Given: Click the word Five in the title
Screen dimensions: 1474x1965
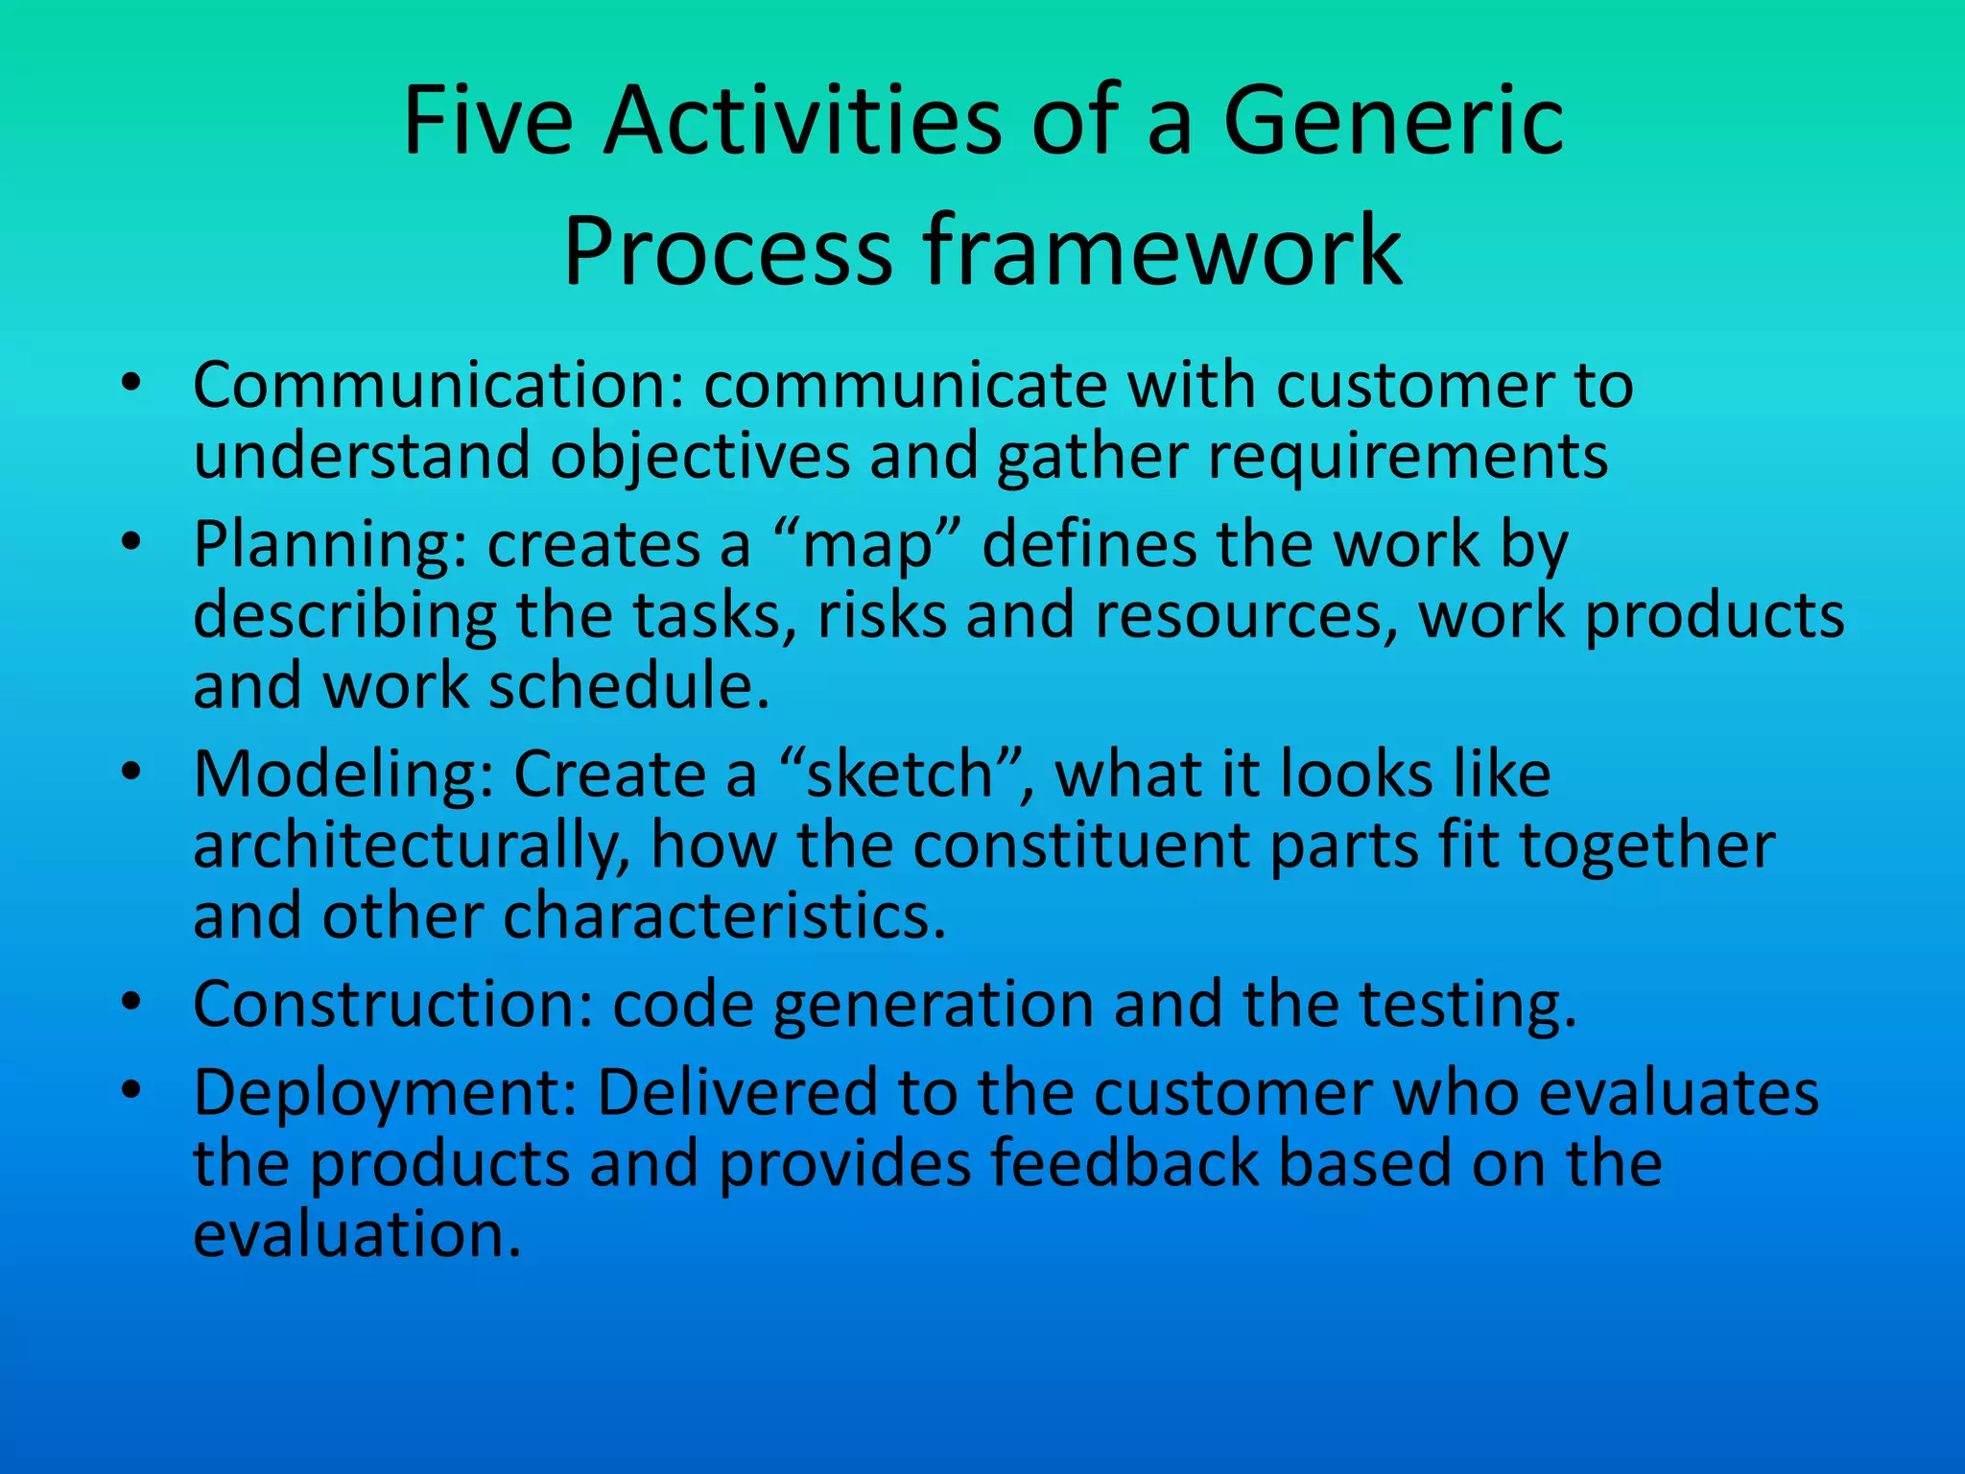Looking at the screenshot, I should tap(487, 123).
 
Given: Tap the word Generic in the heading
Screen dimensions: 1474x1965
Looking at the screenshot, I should tap(1393, 123).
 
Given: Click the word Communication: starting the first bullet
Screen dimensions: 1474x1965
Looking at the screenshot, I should tap(438, 386).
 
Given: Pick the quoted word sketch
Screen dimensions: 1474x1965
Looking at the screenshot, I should tap(900, 774).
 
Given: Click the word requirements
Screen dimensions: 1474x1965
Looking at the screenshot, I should tap(1408, 457).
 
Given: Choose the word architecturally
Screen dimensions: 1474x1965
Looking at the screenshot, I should tap(411, 846).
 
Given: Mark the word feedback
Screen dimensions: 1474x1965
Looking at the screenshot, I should tap(1124, 1164).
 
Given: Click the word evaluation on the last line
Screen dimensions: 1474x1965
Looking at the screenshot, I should tap(357, 1234).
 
